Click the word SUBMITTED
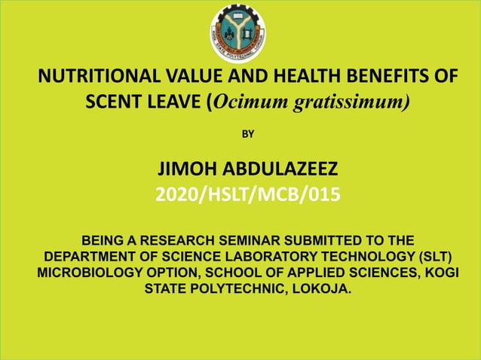coord(326,241)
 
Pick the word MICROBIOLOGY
coord(91,273)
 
